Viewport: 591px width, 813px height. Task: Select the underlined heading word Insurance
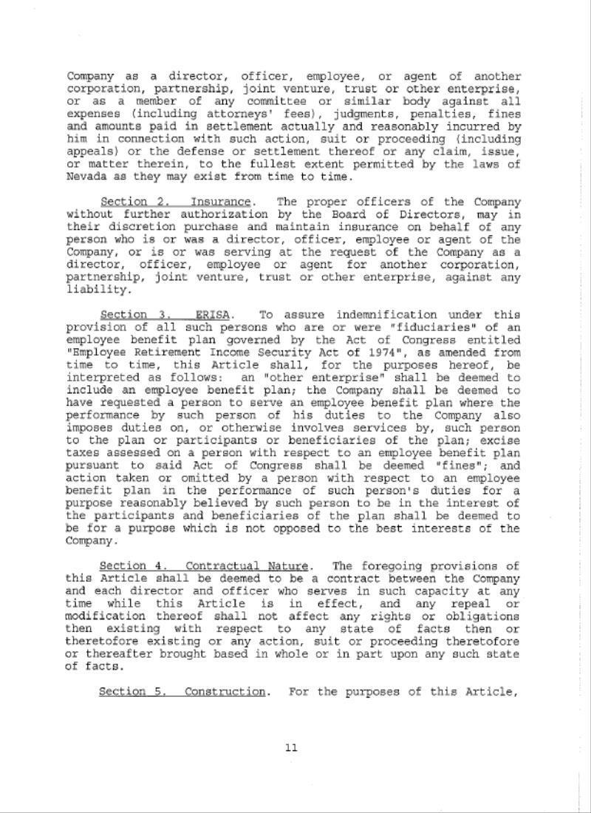[221, 202]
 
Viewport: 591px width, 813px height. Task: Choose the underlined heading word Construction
[225, 692]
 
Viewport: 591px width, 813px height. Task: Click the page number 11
[291, 748]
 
